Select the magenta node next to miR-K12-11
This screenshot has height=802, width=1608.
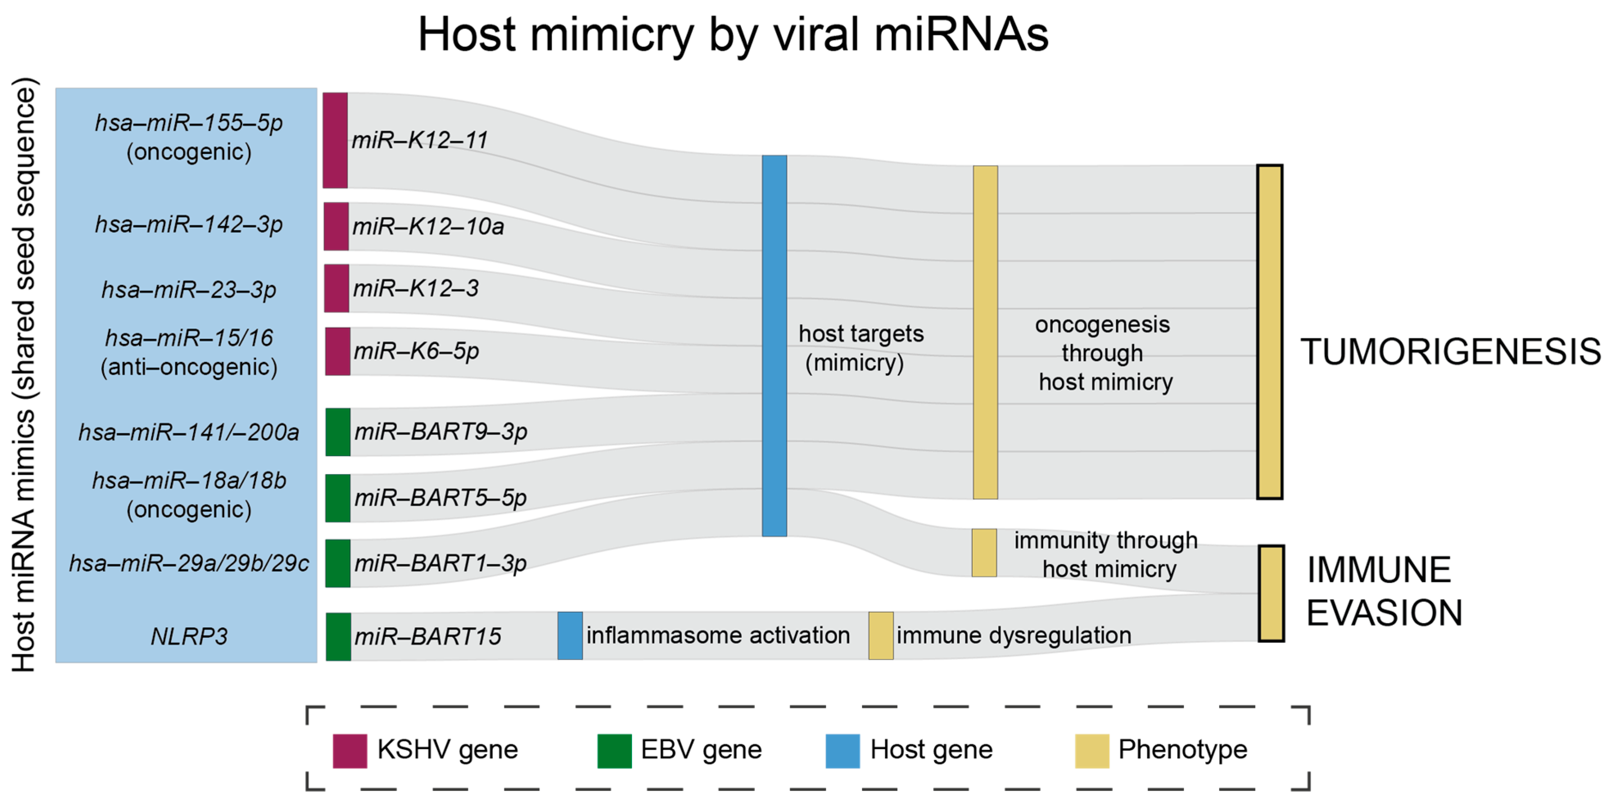[x=335, y=140]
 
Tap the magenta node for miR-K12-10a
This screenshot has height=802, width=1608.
[x=336, y=226]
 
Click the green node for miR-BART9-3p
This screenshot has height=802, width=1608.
[x=338, y=432]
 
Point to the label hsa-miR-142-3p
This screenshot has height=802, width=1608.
[x=189, y=225]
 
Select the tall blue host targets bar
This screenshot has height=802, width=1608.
[x=774, y=346]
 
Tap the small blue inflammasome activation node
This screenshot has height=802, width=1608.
[x=570, y=635]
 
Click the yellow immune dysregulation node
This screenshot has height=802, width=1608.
[x=881, y=635]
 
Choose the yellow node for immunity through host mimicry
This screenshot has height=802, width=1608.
[x=984, y=553]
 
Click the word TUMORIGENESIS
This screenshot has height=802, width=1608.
[x=1450, y=351]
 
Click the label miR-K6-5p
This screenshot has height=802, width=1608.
[x=416, y=351]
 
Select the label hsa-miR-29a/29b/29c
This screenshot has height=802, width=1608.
[x=189, y=563]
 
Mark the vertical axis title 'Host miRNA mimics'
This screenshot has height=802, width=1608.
[x=25, y=374]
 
